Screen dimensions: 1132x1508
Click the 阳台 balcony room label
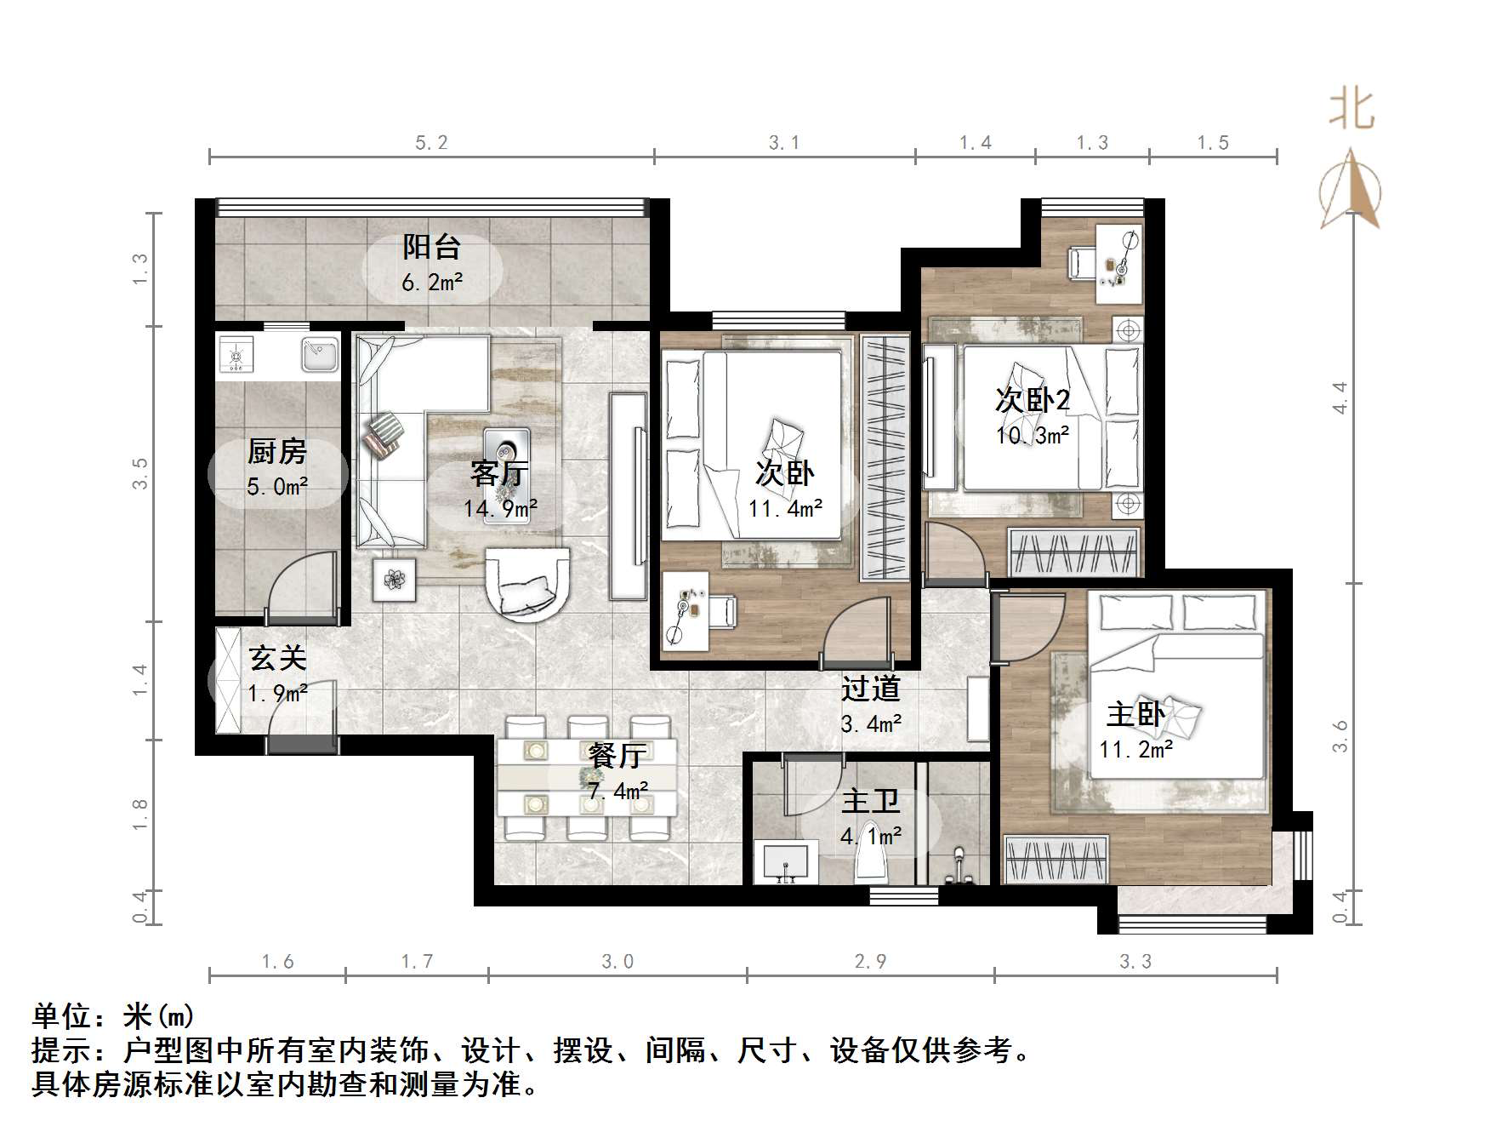pos(431,248)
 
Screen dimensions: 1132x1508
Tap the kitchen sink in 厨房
pos(319,354)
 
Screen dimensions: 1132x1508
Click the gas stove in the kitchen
pos(236,354)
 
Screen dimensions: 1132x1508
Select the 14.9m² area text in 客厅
pos(500,509)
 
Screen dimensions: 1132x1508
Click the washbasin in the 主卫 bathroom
pos(785,863)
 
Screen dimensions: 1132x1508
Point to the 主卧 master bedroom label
pos(1135,714)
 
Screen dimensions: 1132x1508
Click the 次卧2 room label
pos(1033,399)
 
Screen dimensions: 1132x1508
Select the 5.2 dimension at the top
pos(431,143)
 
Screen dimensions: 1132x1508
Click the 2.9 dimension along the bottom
pos(870,962)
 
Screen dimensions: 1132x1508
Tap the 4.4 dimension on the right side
pos(1340,397)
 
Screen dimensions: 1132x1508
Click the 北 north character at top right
pos(1352,111)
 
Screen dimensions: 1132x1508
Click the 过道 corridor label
pos(870,689)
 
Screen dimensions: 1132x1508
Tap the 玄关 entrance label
pos(277,659)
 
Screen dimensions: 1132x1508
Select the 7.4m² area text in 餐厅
pos(617,791)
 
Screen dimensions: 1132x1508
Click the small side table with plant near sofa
pos(394,580)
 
